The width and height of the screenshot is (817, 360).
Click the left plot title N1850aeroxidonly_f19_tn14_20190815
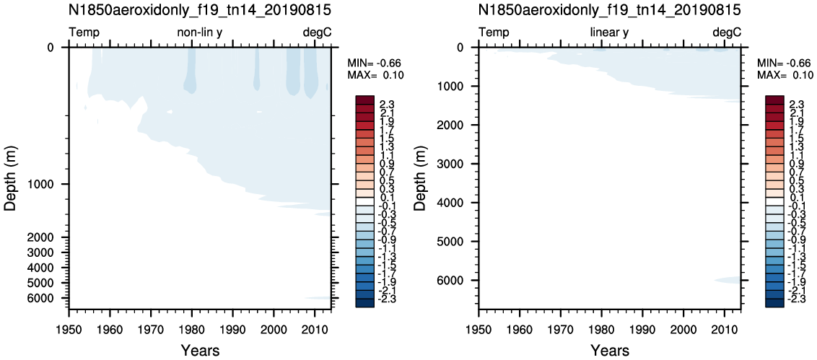click(x=200, y=10)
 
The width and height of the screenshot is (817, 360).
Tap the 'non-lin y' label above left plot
click(x=201, y=32)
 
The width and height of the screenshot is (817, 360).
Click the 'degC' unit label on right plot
click(x=727, y=32)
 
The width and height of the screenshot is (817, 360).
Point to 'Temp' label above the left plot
click(x=84, y=32)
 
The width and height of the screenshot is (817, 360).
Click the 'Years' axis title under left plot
click(x=200, y=350)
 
